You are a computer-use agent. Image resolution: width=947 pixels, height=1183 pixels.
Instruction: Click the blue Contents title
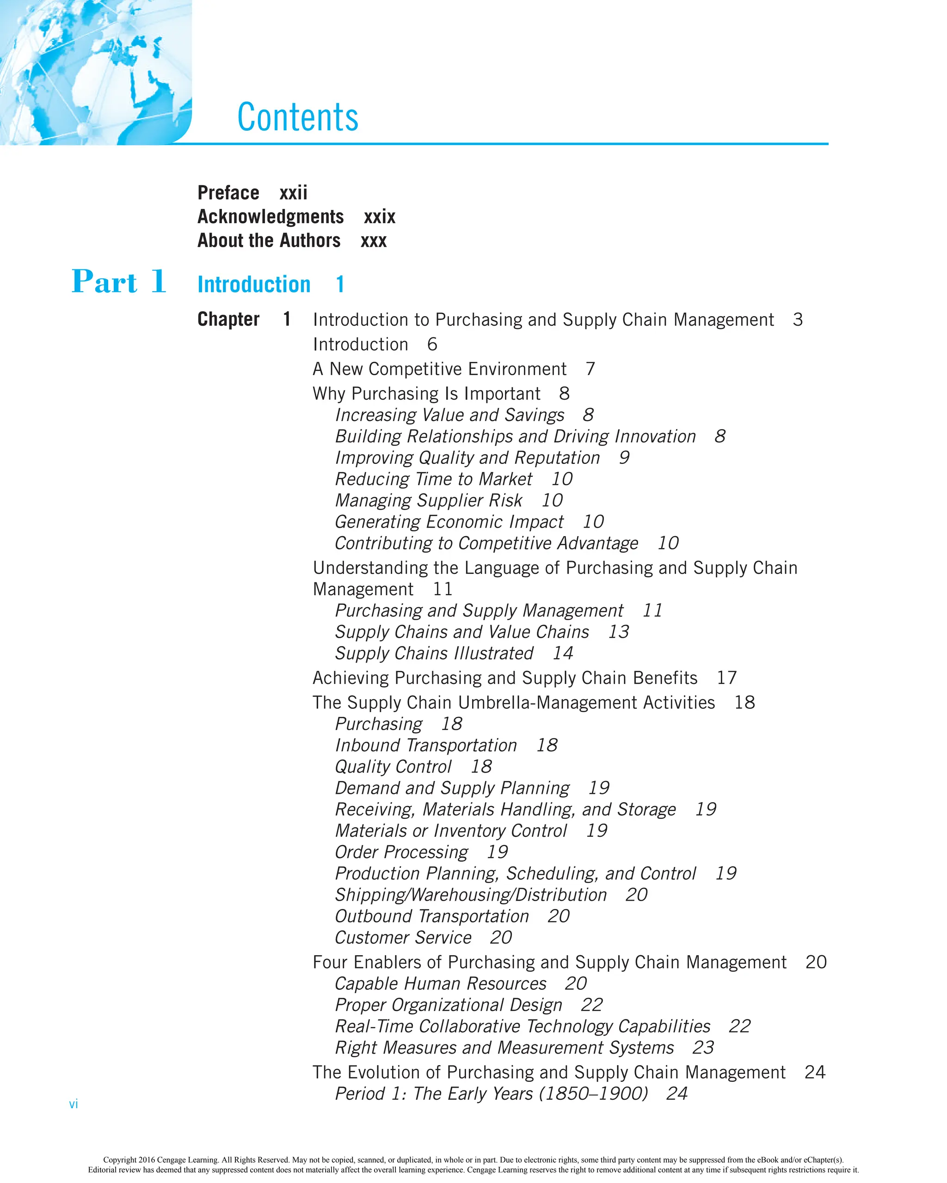pyautogui.click(x=297, y=117)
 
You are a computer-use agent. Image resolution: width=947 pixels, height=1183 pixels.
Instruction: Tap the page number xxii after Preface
pyautogui.click(x=293, y=193)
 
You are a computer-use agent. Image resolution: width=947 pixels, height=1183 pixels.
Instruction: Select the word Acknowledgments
pyautogui.click(x=271, y=217)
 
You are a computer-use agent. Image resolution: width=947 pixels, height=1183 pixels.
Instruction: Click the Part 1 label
pyautogui.click(x=118, y=283)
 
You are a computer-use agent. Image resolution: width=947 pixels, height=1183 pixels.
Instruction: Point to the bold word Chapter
pyautogui.click(x=228, y=319)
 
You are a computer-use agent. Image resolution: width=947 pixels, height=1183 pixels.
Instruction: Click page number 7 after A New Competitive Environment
pyautogui.click(x=590, y=369)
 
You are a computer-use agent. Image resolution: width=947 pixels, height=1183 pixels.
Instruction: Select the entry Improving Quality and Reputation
pyautogui.click(x=467, y=458)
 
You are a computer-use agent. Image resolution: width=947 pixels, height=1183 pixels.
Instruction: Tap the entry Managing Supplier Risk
pyautogui.click(x=428, y=501)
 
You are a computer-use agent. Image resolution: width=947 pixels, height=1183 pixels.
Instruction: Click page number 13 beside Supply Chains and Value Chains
pyautogui.click(x=618, y=632)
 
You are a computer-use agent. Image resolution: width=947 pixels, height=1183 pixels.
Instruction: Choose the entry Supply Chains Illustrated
pyautogui.click(x=434, y=653)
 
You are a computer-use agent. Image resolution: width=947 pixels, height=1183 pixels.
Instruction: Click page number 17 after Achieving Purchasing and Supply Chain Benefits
pyautogui.click(x=726, y=678)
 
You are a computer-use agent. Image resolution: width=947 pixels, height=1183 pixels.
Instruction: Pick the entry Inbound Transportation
pyautogui.click(x=426, y=746)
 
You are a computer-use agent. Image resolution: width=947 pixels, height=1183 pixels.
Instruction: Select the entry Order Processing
pyautogui.click(x=401, y=852)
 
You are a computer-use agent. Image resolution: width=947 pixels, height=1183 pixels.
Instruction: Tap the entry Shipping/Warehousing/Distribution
pyautogui.click(x=470, y=895)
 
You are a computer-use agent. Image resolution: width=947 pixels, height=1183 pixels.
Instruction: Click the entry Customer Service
pyautogui.click(x=403, y=938)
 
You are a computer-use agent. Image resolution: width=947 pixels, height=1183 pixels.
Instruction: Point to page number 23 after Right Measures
pyautogui.click(x=703, y=1048)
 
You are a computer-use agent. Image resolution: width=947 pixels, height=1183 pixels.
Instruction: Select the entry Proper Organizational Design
pyautogui.click(x=449, y=1005)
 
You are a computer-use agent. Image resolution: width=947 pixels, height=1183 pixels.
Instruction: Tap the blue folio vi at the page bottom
pyautogui.click(x=74, y=1104)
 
